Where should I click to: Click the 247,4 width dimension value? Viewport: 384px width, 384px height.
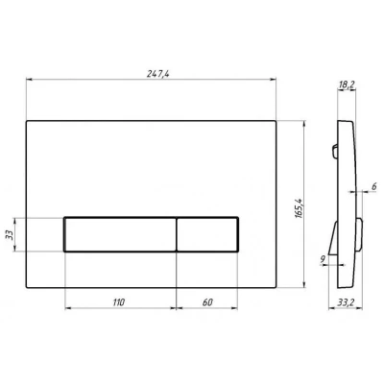(157, 74)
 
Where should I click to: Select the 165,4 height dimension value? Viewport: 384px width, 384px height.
(299, 208)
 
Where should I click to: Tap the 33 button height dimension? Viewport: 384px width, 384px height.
(10, 235)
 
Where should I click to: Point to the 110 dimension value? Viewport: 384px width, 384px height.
(118, 302)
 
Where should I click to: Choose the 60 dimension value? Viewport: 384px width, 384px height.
(207, 302)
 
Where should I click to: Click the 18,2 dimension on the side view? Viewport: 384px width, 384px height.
(347, 84)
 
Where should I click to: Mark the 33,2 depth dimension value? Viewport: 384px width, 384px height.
(346, 302)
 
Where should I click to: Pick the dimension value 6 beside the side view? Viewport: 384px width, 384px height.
(373, 187)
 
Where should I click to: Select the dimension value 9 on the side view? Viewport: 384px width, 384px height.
(323, 260)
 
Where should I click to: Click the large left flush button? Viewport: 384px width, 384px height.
(120, 234)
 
